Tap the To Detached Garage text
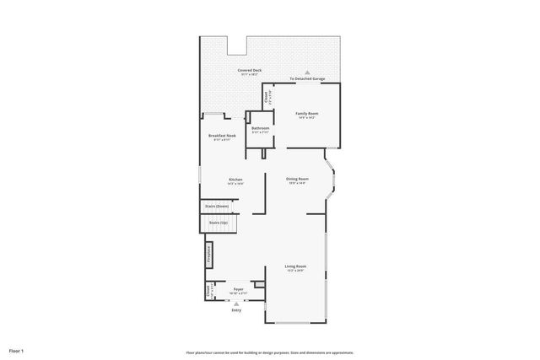(307, 79)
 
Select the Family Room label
(306, 113)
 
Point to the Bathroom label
(260, 128)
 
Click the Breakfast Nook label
(222, 135)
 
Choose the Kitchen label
(235, 179)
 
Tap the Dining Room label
(297, 179)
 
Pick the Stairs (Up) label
(219, 223)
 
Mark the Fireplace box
(208, 255)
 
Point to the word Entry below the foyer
(236, 310)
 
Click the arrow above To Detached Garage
(307, 73)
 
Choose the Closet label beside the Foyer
(208, 291)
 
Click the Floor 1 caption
(17, 350)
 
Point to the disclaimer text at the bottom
(269, 352)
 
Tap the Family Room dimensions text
(306, 118)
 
